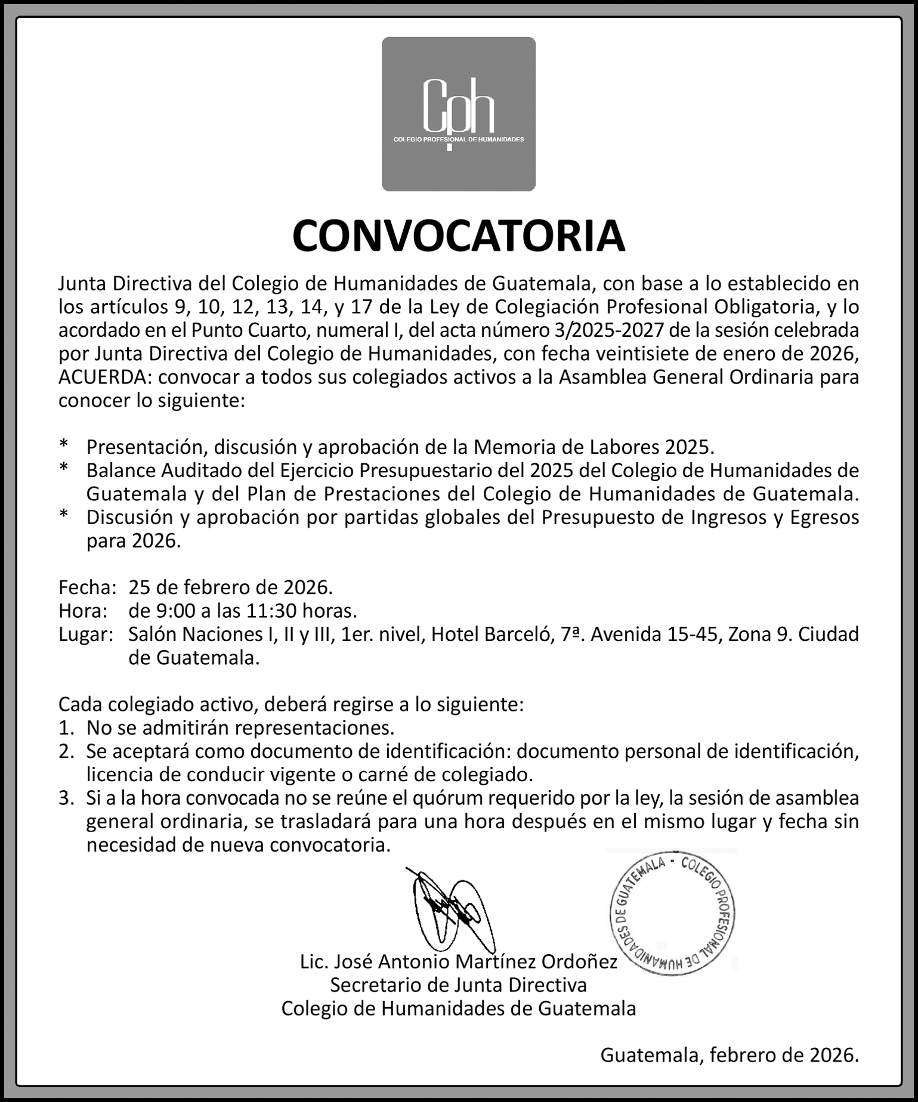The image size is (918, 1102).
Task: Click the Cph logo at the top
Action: [x=458, y=114]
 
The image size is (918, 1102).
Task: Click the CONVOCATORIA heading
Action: [x=458, y=236]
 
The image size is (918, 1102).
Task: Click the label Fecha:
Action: [x=87, y=587]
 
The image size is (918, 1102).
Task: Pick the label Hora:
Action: [x=83, y=611]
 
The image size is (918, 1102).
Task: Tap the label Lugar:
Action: [x=86, y=634]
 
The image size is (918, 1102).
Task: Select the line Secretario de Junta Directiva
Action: [x=458, y=985]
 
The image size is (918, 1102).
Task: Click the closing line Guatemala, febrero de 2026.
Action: [x=729, y=1055]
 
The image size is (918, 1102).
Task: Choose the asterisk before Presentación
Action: [x=64, y=445]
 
